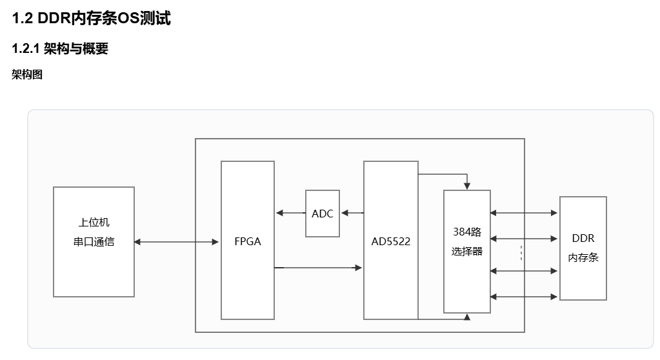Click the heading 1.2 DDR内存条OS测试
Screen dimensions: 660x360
tap(92, 19)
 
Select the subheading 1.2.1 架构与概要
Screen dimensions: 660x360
tap(60, 48)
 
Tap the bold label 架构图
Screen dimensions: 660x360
tap(27, 75)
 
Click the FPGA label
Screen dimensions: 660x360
tap(248, 241)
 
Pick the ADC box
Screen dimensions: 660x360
tap(323, 214)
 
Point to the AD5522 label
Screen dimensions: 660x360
tap(390, 241)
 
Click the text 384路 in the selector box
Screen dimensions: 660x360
tap(467, 232)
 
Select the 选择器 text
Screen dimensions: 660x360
tap(467, 252)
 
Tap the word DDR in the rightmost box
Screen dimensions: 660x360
tap(583, 238)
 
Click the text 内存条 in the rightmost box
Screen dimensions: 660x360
tap(583, 257)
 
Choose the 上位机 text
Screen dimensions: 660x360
tap(94, 223)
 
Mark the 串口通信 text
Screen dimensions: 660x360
tap(94, 242)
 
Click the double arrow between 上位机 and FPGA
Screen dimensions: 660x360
tap(176, 242)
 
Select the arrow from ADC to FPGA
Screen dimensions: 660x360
tap(291, 213)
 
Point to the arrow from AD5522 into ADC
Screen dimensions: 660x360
tap(352, 213)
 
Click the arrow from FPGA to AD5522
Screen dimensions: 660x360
tap(318, 268)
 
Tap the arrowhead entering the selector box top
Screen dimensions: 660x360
tap(467, 186)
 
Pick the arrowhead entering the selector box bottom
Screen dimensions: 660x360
tap(467, 317)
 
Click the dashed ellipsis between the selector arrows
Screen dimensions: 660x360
tap(521, 253)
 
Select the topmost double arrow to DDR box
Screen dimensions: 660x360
tap(524, 213)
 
